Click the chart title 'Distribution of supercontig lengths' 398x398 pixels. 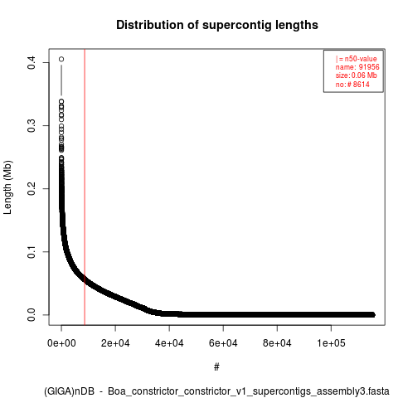[217, 25]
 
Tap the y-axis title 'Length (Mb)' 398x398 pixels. [7, 187]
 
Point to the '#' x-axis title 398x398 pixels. [216, 367]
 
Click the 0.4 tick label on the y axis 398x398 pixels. [32, 62]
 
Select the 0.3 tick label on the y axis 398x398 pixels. [32, 125]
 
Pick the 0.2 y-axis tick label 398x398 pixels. [32, 188]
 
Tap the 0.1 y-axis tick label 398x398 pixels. [32, 251]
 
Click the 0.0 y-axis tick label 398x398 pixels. [32, 314]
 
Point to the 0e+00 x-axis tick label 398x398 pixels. [61, 343]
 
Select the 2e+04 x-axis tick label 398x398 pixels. [115, 343]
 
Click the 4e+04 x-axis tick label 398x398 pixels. [169, 343]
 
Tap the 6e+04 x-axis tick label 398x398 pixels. [223, 343]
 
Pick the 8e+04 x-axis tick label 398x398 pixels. [277, 343]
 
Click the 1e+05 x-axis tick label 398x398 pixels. [331, 343]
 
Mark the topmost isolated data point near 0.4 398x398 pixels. [61, 59]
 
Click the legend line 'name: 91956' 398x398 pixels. [357, 67]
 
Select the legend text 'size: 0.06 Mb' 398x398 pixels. [357, 75]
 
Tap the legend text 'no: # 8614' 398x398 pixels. [352, 84]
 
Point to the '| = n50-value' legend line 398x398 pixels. [356, 59]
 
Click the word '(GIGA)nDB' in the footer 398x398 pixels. [69, 391]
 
